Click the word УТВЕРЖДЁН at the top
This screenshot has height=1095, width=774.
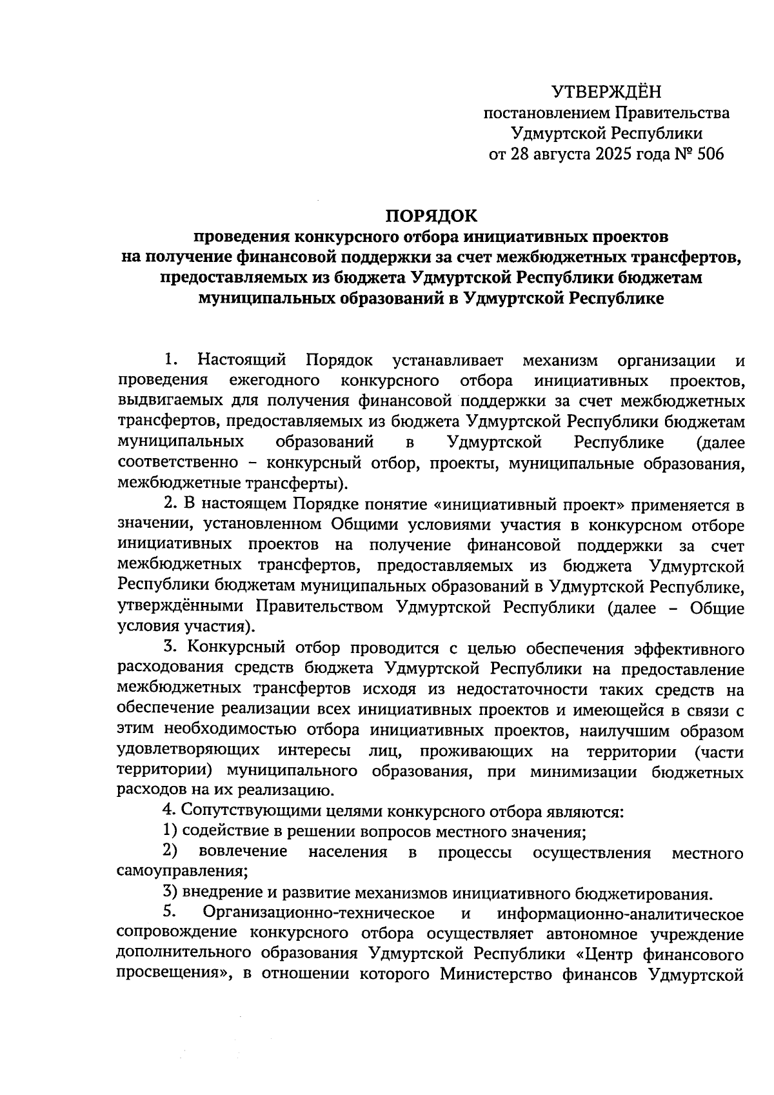607,92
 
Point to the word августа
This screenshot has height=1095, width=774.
559,154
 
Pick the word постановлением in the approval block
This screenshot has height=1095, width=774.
546,114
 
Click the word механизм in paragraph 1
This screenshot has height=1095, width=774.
560,360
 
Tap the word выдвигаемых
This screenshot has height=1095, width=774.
171,401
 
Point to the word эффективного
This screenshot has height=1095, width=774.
689,648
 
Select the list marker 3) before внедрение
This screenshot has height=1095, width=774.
170,894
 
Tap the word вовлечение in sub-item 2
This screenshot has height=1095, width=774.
243,852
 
